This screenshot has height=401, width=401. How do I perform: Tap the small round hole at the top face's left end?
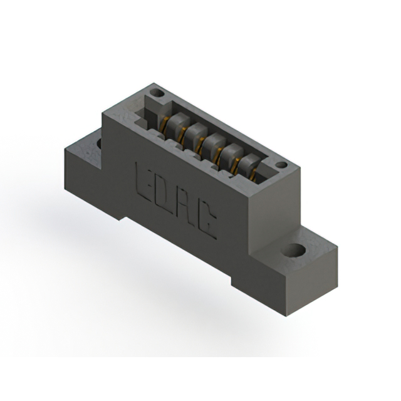point(157,93)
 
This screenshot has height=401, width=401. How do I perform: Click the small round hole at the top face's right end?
point(281,165)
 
